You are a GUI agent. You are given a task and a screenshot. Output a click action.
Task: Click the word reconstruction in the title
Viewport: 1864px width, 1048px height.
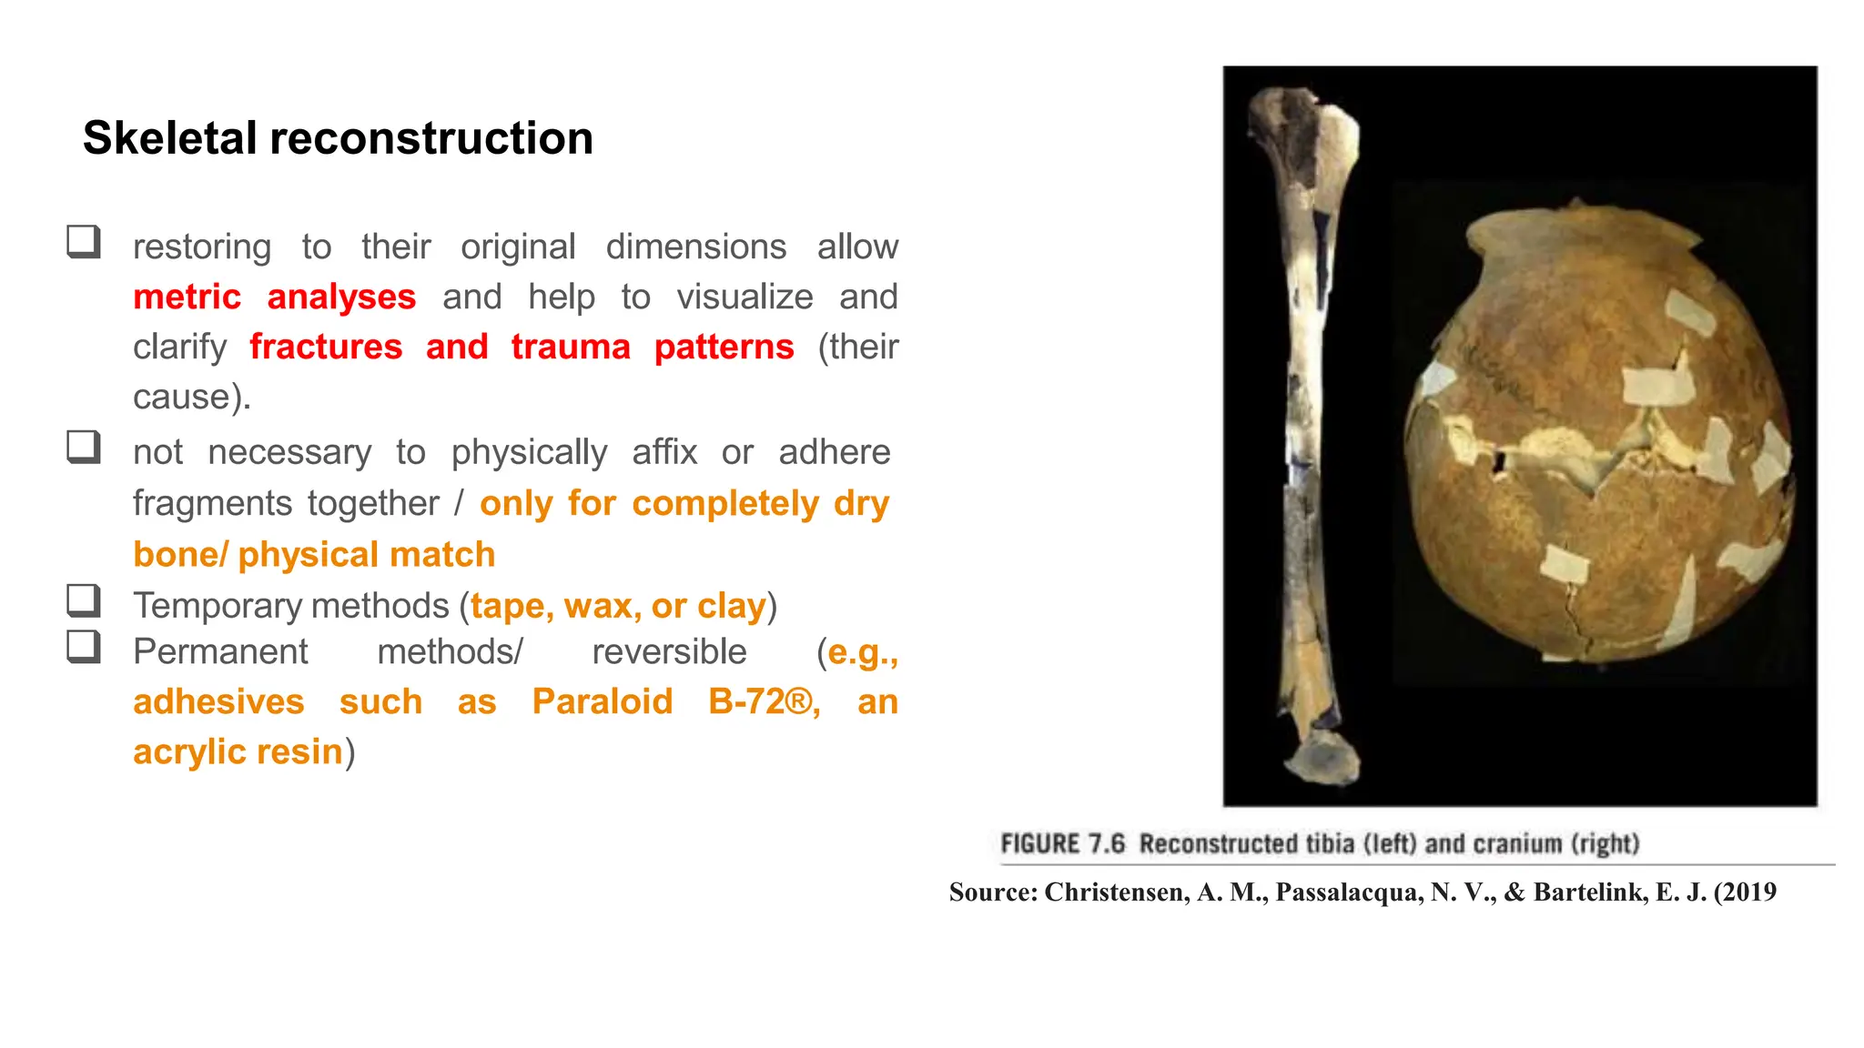431,138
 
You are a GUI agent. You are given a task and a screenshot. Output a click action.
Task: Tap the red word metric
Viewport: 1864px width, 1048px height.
187,297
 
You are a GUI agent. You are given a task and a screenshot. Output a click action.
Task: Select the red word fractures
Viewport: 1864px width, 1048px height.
326,348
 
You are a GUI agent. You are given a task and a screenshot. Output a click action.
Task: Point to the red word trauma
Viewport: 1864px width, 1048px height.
571,348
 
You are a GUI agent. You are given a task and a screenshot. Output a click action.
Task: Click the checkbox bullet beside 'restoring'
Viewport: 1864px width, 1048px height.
84,242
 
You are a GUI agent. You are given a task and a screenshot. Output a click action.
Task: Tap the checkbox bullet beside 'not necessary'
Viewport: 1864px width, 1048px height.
84,447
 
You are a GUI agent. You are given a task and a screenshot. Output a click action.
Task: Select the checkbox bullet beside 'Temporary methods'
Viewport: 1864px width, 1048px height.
84,600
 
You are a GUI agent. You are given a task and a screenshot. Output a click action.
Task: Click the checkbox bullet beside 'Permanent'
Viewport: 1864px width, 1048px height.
84,647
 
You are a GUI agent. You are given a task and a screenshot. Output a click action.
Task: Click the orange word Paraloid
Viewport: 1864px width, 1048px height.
603,701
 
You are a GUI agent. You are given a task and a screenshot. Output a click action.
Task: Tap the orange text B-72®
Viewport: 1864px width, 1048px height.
763,701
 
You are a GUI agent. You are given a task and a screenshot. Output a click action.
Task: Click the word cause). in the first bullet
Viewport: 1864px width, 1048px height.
192,398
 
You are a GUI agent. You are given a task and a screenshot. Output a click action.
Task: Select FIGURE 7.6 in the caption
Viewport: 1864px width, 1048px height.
1062,844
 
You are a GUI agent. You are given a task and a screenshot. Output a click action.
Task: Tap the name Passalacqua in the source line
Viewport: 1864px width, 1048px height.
1349,892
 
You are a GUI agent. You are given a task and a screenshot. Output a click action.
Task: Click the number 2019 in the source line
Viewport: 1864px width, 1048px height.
1747,892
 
